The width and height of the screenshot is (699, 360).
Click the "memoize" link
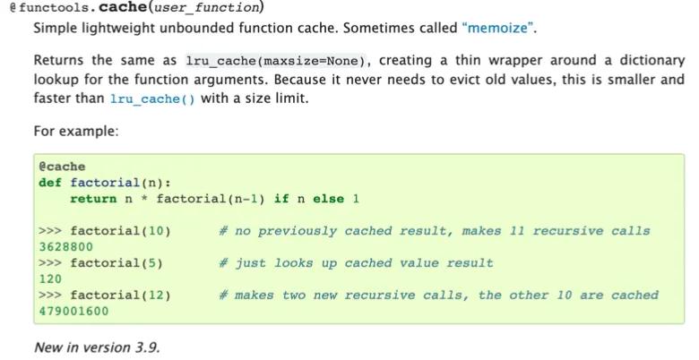click(x=499, y=28)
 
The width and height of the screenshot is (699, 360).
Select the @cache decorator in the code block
click(x=62, y=167)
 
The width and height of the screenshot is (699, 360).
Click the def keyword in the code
click(x=50, y=183)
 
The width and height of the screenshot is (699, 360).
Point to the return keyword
click(x=93, y=199)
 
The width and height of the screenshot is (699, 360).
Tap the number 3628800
click(x=66, y=247)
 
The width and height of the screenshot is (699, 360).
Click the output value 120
click(x=50, y=279)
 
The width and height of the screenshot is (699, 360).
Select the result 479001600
click(x=73, y=312)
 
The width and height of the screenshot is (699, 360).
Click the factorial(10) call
click(x=120, y=231)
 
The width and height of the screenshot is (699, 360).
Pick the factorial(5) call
click(x=116, y=263)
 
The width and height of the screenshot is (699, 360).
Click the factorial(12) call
click(x=120, y=296)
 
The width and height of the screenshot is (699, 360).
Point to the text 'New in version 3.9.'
click(x=97, y=347)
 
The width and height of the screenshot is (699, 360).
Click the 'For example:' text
click(x=76, y=132)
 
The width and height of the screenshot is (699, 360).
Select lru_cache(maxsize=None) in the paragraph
click(x=277, y=61)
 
